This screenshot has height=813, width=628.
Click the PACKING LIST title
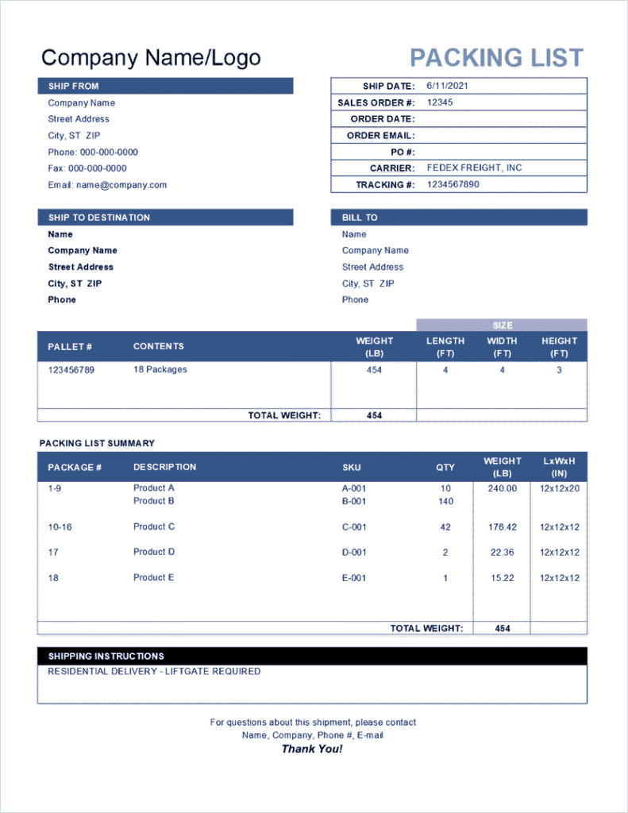(x=496, y=58)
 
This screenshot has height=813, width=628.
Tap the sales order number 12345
(x=440, y=102)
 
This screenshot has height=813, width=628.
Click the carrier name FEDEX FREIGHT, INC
(x=474, y=168)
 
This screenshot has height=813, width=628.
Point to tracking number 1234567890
(x=453, y=184)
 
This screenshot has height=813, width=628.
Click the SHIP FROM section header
(x=74, y=86)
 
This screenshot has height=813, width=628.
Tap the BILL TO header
(x=360, y=218)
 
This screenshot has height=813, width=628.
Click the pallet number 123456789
(x=71, y=370)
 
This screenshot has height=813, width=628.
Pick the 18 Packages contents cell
(x=160, y=370)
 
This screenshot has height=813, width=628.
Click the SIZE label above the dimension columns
(x=502, y=326)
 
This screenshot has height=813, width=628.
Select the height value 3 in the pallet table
(x=559, y=370)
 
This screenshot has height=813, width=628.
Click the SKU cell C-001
(x=354, y=527)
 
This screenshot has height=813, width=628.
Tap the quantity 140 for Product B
(x=445, y=502)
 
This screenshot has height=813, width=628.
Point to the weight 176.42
(x=502, y=527)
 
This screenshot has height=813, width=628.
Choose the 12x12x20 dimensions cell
(x=559, y=489)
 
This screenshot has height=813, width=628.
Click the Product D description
(x=154, y=552)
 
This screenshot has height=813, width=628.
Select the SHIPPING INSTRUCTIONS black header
(x=106, y=657)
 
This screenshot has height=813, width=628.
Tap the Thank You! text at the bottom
(x=312, y=749)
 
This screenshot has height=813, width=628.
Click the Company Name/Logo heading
(x=151, y=58)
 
